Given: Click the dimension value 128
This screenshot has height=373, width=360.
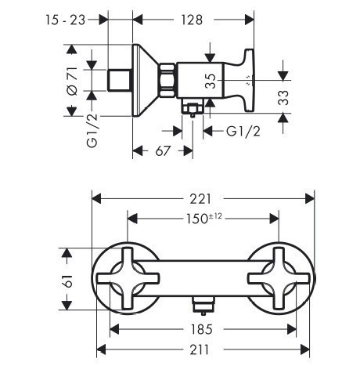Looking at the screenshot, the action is click(x=192, y=20).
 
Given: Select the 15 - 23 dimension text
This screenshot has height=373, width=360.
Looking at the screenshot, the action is click(x=66, y=20).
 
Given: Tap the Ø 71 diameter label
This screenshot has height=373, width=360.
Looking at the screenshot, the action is click(x=72, y=81).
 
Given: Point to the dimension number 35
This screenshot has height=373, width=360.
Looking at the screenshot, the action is click(x=211, y=81).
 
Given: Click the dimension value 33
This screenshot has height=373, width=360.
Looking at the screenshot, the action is click(x=283, y=97).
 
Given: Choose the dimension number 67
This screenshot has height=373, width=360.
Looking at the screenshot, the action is click(x=163, y=151).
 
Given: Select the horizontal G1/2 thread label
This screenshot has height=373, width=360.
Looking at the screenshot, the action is click(x=243, y=131).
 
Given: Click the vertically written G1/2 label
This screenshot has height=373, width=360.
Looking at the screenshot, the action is click(x=92, y=131).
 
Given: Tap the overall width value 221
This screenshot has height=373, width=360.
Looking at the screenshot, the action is click(x=200, y=199).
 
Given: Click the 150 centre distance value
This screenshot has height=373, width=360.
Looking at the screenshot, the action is click(x=196, y=219).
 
